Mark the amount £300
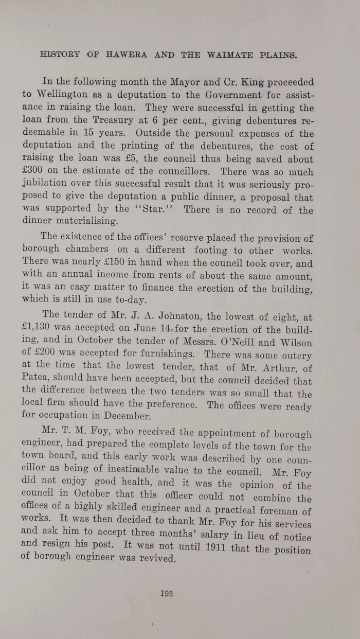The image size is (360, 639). (33, 171)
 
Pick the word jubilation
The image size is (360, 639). (47, 185)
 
